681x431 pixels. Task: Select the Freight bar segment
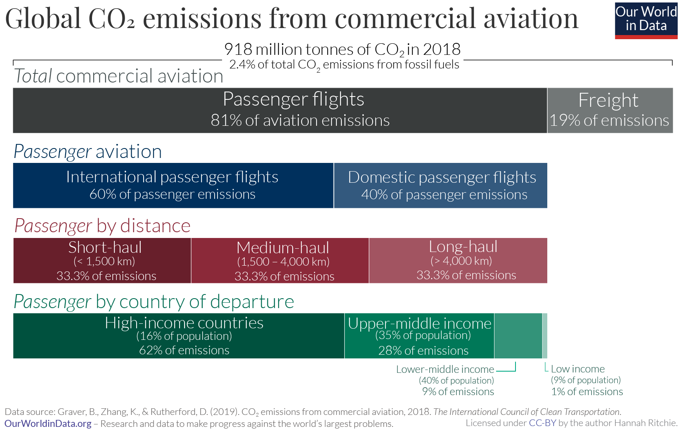click(x=610, y=110)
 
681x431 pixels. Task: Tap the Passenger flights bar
click(x=280, y=110)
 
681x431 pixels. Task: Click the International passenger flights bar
click(x=173, y=185)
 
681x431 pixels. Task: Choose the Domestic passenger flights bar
click(x=440, y=185)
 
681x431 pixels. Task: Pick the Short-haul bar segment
click(x=102, y=260)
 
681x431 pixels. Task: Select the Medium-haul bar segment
click(x=280, y=260)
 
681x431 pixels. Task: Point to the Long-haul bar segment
click(x=458, y=260)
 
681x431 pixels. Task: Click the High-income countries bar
click(x=179, y=336)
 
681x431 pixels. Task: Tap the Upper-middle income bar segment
click(x=419, y=336)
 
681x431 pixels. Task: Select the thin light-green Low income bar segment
click(x=545, y=336)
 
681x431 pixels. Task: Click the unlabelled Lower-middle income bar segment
click(x=518, y=336)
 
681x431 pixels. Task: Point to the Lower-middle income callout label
click(x=445, y=369)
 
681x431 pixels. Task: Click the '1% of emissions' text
click(x=587, y=391)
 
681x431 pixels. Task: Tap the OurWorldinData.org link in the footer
click(x=48, y=424)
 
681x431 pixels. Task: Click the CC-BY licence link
click(x=542, y=423)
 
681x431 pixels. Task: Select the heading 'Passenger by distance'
click(x=102, y=226)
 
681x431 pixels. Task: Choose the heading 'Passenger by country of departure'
click(x=154, y=301)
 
